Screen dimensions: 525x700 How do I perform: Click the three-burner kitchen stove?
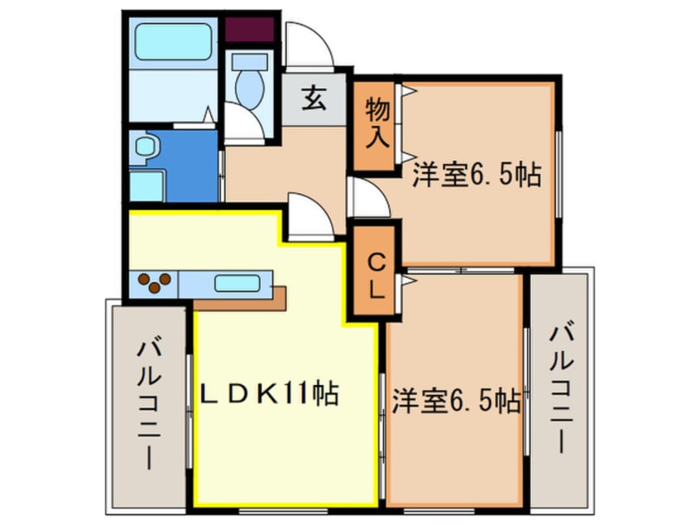click(154, 283)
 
